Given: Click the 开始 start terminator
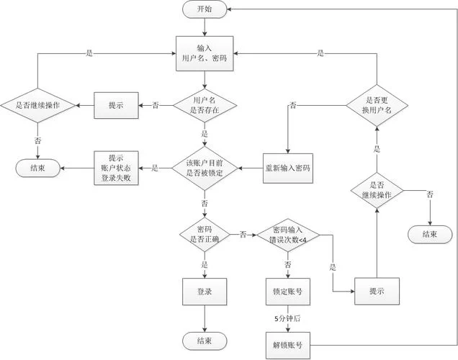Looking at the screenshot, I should point(205,9).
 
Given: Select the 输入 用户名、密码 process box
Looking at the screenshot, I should point(205,52).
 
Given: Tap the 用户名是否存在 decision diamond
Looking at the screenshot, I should point(205,105).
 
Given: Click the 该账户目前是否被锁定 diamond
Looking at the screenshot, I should point(205,168).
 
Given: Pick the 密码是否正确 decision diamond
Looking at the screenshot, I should point(205,234).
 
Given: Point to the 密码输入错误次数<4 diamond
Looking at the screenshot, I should point(287,234).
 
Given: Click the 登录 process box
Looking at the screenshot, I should point(205,291).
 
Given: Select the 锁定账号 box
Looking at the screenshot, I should point(287,291).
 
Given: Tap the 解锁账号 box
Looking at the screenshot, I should point(287,344).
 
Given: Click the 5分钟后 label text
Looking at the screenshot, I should point(287,318).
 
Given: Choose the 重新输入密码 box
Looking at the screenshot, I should point(287,168).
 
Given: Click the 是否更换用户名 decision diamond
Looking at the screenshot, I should point(377,105).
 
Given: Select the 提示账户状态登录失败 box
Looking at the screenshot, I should point(115,168).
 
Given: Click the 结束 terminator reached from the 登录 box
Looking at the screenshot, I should point(205,340).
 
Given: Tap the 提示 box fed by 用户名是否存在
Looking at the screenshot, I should point(115,105).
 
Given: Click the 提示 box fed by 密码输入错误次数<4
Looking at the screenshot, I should point(377,291).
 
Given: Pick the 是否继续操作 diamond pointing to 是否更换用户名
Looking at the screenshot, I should point(377,190).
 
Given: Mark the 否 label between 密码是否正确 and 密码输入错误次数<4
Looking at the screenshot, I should point(243,234).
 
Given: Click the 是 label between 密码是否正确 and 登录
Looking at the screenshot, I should point(205,264).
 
